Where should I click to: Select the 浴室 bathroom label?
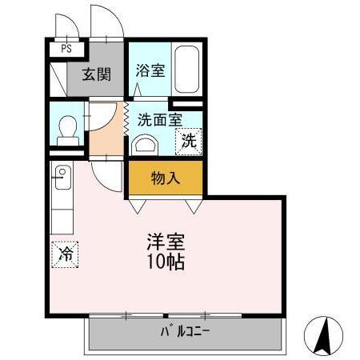(150, 70)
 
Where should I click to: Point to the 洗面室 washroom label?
(159, 120)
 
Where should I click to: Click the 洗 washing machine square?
(189, 142)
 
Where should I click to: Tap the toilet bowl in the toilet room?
(66, 126)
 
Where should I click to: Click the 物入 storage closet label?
(166, 178)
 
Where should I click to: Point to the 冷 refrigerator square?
(66, 254)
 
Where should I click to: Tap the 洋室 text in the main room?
(166, 240)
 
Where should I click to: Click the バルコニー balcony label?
(185, 332)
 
